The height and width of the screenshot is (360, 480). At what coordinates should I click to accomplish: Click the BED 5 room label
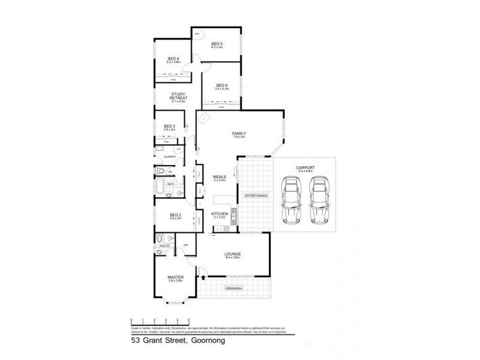[x=217, y=44]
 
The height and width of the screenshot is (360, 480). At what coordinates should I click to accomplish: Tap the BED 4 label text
[x=173, y=58]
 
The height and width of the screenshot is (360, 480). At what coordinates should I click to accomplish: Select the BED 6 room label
[x=222, y=86]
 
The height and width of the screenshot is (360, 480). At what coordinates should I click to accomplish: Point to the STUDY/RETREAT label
[x=179, y=96]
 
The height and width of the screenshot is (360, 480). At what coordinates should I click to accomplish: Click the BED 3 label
[x=169, y=126]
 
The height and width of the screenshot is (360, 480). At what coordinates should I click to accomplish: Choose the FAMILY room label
[x=240, y=134]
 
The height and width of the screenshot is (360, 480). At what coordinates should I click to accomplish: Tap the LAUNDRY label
[x=169, y=157]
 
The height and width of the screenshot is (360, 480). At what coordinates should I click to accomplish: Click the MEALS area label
[x=219, y=177]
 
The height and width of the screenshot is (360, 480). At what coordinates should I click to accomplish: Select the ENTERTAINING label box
[x=256, y=195]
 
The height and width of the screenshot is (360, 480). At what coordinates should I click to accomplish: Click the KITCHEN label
[x=219, y=214]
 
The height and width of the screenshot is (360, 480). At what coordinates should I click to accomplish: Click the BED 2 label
[x=175, y=214]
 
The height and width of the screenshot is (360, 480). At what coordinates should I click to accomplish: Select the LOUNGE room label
[x=233, y=255]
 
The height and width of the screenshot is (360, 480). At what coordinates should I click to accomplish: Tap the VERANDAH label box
[x=234, y=289]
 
